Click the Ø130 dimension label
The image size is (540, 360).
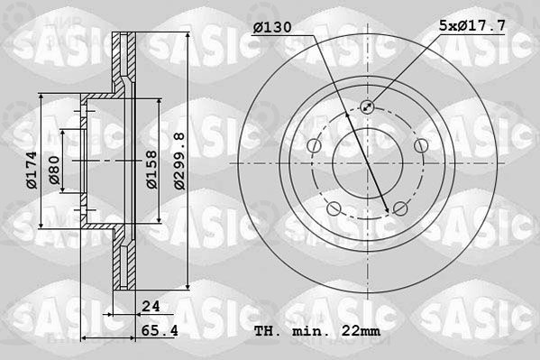click(272, 27)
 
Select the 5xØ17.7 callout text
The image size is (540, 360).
click(472, 25)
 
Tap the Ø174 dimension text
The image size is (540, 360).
click(32, 170)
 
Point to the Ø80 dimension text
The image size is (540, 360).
click(54, 170)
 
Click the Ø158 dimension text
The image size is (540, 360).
click(151, 170)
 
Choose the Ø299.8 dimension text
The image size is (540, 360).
click(179, 161)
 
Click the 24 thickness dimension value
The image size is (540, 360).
click(151, 306)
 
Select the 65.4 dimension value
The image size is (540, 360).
click(160, 331)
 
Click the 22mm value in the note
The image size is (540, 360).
click(361, 331)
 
